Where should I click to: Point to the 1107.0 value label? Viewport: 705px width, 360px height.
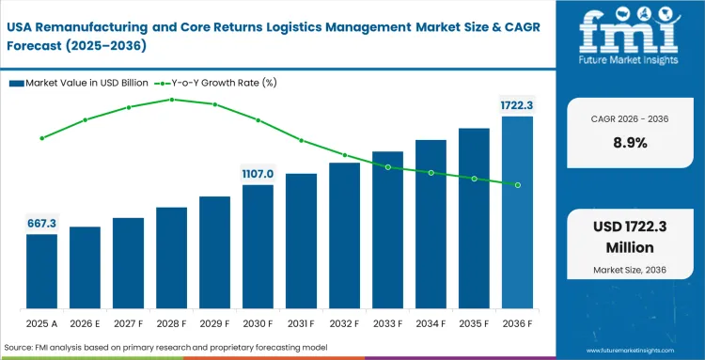[x=258, y=174]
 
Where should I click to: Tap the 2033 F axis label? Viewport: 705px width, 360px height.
[x=387, y=324]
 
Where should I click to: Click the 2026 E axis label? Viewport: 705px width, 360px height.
[x=85, y=324]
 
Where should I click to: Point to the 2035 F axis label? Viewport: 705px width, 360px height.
[x=474, y=324]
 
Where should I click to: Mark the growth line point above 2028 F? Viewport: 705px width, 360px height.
[x=171, y=99]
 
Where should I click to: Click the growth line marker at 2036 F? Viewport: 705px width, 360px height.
[x=517, y=184]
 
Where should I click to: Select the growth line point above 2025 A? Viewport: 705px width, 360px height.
[x=41, y=138]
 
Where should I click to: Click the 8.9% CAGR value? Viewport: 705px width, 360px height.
[x=631, y=143]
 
